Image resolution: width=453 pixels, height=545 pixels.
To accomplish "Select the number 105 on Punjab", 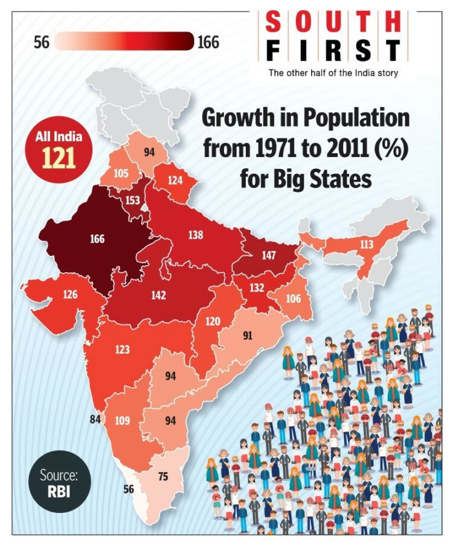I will coord(121,174).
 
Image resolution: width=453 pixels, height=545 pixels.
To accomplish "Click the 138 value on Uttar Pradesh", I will coord(195,235).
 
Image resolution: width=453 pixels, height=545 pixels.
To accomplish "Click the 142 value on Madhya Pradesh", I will coord(158,295).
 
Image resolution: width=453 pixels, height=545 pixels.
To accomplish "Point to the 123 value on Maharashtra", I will coord(121,349).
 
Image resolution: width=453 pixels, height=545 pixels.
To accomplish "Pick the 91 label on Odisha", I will coord(247,336).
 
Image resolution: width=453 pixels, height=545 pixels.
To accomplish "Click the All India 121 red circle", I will coord(59,150).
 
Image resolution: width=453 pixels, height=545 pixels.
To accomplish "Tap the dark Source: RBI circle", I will coord(59,482).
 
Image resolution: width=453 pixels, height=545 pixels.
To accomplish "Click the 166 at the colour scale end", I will coord(208,42).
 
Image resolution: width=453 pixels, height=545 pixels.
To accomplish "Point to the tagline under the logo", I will coord(333,73).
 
